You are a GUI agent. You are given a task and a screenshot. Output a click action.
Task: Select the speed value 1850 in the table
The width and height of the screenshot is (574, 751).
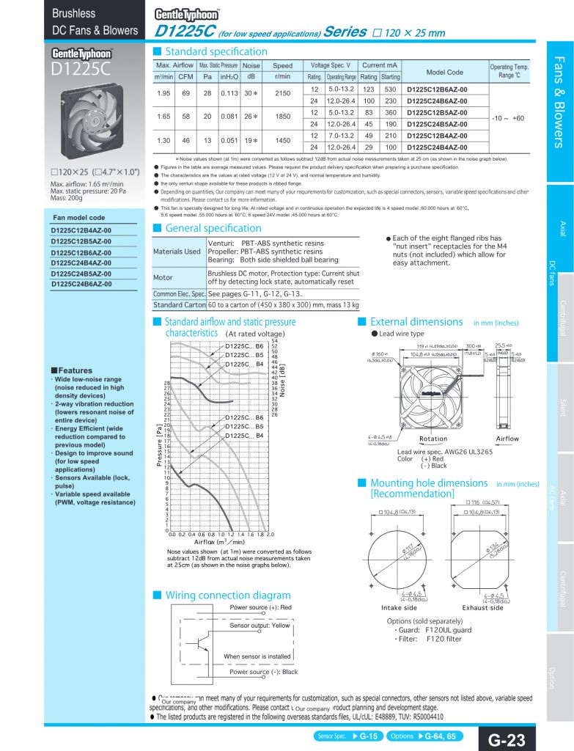[282, 117]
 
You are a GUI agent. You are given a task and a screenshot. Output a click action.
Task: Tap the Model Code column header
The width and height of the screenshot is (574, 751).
[444, 73]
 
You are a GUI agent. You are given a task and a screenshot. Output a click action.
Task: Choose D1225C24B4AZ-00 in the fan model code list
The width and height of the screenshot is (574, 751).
[81, 262]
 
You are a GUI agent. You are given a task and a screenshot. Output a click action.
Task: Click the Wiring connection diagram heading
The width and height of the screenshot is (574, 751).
[228, 595]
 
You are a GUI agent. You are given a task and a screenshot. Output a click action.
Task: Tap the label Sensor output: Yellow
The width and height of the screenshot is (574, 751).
[260, 626]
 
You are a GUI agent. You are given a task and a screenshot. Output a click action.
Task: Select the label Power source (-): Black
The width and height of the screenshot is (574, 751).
[263, 672]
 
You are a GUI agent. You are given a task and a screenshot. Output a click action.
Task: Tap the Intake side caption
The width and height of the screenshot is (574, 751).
[400, 607]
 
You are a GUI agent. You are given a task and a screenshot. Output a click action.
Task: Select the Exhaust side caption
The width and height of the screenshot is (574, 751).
[482, 607]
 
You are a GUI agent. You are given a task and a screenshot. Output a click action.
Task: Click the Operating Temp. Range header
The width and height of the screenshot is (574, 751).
[509, 71]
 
